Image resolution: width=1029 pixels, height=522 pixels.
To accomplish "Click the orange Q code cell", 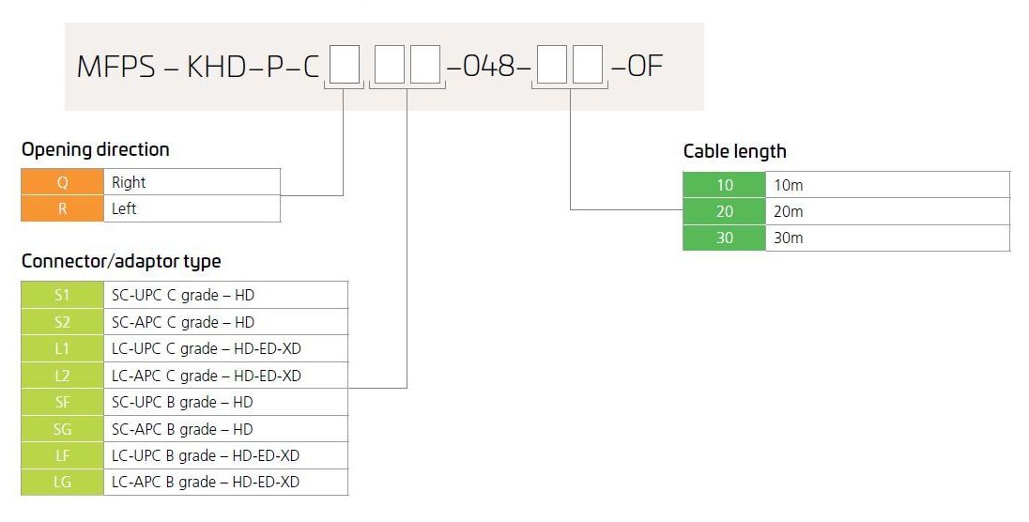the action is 62,182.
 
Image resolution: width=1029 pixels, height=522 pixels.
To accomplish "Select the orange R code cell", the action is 62,208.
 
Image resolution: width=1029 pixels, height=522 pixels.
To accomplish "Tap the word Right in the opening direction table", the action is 129,182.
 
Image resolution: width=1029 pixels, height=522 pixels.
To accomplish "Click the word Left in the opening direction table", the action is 124,208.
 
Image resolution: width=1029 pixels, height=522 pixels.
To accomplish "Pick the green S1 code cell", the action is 62,295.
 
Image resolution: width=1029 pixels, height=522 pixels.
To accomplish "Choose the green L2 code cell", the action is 62,376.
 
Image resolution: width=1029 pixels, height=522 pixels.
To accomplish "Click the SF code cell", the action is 62,402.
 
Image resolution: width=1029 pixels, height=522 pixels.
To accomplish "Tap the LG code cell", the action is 62,482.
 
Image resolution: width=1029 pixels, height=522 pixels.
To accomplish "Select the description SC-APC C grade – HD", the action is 183,322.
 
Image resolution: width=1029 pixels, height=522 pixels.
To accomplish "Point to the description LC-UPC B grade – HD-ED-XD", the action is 206,455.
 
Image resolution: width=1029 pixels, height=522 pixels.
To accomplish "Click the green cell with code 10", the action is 725,185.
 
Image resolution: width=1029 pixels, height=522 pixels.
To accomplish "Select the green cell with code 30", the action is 725,238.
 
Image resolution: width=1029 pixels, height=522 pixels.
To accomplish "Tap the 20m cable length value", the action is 788,211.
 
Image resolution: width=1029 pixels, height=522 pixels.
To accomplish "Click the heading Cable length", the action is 734,152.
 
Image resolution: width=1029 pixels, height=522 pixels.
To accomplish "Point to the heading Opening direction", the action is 95,149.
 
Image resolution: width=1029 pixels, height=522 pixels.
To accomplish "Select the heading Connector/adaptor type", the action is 121,261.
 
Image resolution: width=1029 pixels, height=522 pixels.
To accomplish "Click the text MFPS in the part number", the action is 116,67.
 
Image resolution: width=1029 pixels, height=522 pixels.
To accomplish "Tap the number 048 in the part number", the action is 489,66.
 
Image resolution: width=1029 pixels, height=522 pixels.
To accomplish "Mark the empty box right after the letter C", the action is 345,65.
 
